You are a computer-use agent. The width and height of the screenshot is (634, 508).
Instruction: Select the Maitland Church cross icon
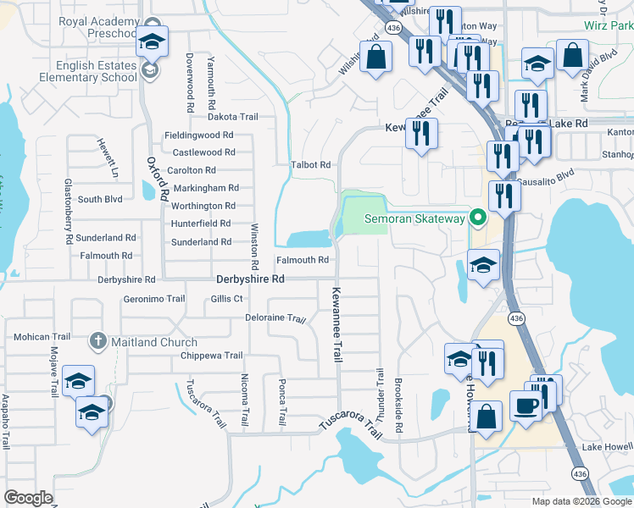(97, 342)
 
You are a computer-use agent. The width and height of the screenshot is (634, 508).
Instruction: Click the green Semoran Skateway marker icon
(477, 219)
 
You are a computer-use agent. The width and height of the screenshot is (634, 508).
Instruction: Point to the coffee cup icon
(526, 406)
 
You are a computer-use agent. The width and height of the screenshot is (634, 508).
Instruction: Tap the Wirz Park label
(609, 26)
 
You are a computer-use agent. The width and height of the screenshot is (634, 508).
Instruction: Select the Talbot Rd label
(309, 165)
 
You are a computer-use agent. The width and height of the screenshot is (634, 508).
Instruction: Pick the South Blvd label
(100, 200)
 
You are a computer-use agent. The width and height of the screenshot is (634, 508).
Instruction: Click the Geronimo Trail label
(153, 299)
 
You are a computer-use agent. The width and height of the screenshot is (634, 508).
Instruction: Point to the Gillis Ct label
(227, 299)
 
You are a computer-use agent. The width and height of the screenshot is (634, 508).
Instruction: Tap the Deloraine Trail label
(275, 318)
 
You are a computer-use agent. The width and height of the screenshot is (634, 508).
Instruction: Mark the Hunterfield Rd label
(201, 224)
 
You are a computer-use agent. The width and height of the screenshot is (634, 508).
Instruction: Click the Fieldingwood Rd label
(198, 135)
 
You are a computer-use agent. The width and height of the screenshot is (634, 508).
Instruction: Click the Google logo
(29, 498)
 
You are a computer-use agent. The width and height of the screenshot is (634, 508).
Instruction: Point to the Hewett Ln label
(107, 157)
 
